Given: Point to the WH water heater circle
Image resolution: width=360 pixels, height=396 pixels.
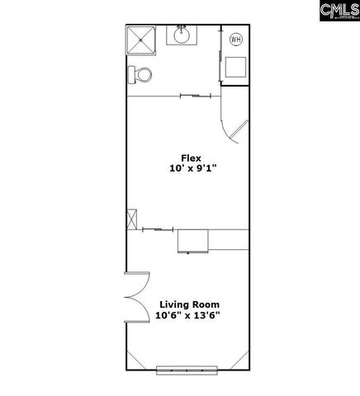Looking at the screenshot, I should [236, 39].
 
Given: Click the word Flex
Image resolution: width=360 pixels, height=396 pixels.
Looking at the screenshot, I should [192, 158].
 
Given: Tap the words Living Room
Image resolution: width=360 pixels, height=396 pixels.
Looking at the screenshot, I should [189, 304].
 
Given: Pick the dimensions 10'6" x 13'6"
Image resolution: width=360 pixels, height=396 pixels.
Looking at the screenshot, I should [189, 315].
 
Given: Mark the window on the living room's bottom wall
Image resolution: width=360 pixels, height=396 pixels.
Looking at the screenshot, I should [188, 370].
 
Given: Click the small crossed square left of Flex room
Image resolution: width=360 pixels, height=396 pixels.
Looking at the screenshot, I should [131, 221].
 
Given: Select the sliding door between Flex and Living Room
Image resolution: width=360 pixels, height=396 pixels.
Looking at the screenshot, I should [157, 229].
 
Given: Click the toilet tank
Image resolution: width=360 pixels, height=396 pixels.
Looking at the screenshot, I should [132, 75].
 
